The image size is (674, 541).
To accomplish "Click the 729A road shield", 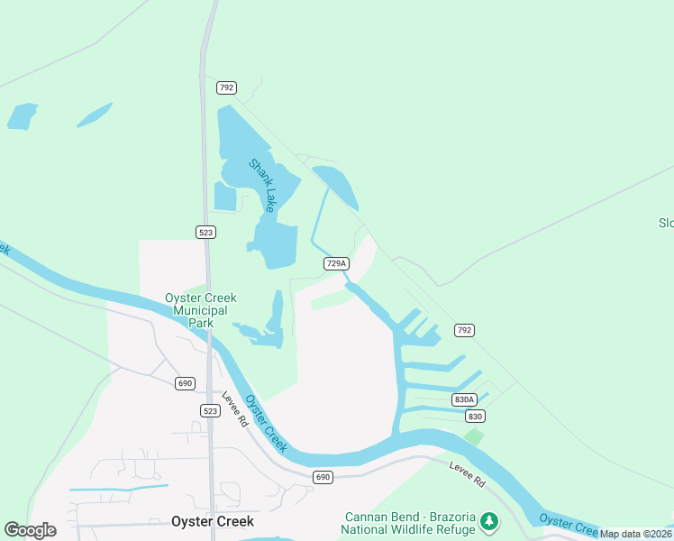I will pyautogui.click(x=335, y=263).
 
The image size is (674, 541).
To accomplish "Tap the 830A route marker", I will pyautogui.click(x=463, y=399).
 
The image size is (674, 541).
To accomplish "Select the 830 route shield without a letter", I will pyautogui.click(x=475, y=417).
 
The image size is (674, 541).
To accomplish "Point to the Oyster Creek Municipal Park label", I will pyautogui.click(x=200, y=310).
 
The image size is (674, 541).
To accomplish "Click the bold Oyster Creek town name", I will pyautogui.click(x=213, y=521).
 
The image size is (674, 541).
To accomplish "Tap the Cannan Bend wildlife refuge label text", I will pyautogui.click(x=409, y=523).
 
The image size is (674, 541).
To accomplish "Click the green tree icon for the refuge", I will pyautogui.click(x=488, y=521).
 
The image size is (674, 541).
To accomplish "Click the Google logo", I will pyautogui.click(x=30, y=530).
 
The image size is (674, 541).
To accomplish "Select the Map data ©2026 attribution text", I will pyautogui.click(x=635, y=534).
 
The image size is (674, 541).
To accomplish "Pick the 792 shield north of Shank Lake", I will pyautogui.click(x=226, y=87).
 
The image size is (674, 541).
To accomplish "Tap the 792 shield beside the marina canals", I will pyautogui.click(x=464, y=331).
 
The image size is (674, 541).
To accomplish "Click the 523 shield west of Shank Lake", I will pyautogui.click(x=206, y=232).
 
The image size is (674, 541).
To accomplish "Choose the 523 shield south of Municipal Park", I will pyautogui.click(x=209, y=410).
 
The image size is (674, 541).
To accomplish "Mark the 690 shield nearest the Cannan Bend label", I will pyautogui.click(x=323, y=476).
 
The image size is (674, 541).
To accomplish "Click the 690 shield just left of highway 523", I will pyautogui.click(x=185, y=383).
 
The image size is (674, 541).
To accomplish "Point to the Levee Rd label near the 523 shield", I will pyautogui.click(x=236, y=411).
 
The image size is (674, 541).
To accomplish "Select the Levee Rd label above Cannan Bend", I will pyautogui.click(x=467, y=473).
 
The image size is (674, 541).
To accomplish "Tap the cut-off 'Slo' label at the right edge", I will pyautogui.click(x=666, y=223).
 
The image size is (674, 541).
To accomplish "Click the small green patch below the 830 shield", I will pyautogui.click(x=473, y=436).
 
